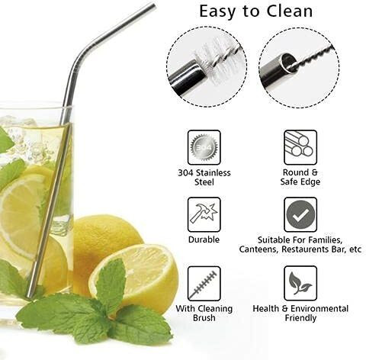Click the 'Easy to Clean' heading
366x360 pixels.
(255, 11)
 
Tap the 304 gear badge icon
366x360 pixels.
(204, 147)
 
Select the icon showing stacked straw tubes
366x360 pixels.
(300, 147)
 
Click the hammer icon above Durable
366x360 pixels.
(204, 214)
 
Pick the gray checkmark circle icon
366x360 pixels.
(300, 214)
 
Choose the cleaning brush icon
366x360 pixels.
(204, 284)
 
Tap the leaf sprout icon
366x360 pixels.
(300, 284)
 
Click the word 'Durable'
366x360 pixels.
(204, 239)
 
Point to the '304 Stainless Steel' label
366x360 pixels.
(204, 177)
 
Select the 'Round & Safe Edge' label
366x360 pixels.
(300, 177)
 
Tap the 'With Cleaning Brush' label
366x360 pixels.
(204, 313)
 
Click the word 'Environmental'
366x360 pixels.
(319, 309)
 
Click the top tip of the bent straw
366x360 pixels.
(152, 5)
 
